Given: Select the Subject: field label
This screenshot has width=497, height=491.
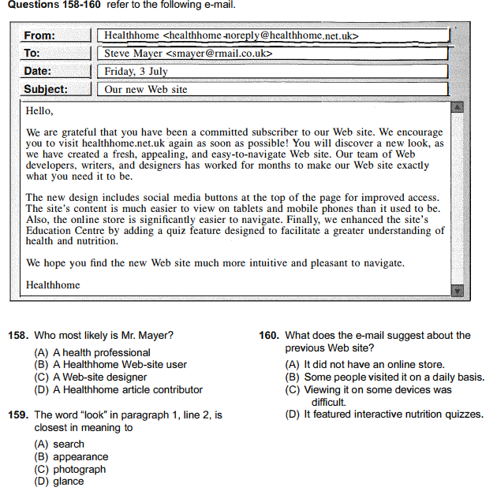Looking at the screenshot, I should point(46,89).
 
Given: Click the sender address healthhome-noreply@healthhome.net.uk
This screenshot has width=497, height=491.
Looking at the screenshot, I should point(261,35).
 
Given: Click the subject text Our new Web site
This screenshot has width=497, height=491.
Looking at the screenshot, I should point(146,89).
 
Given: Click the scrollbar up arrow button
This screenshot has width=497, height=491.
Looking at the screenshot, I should point(457,106).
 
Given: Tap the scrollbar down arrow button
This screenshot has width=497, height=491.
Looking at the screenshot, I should point(457,291).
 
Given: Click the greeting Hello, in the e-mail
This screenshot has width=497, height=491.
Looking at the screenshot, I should point(39,111).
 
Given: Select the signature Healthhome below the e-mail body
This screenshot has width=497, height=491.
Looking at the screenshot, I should point(53,285).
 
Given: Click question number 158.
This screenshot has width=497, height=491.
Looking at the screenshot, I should point(17,336).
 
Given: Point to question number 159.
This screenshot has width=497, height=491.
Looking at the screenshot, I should point(17,415).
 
